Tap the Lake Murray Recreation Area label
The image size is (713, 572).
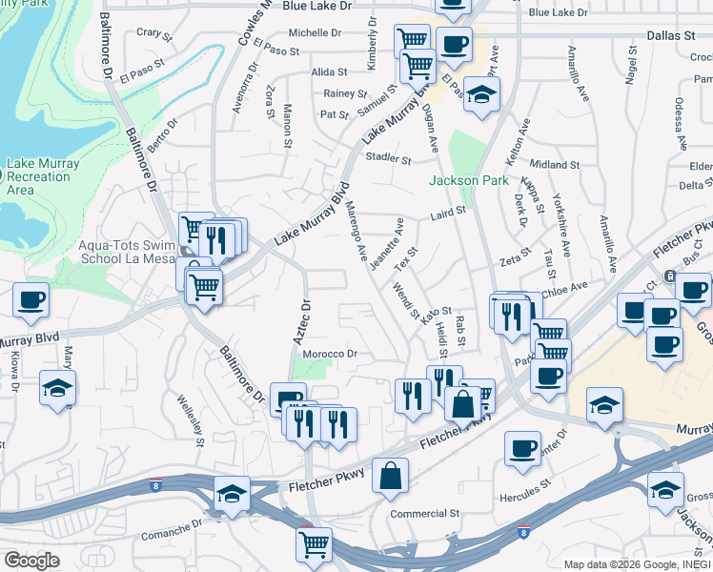[43, 176]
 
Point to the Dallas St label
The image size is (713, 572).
[671, 34]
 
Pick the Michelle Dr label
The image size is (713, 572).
[315, 32]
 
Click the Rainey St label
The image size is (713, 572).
[345, 93]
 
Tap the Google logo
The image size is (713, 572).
[31, 561]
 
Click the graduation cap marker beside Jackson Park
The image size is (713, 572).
[482, 94]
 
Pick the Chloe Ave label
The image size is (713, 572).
[565, 286]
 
